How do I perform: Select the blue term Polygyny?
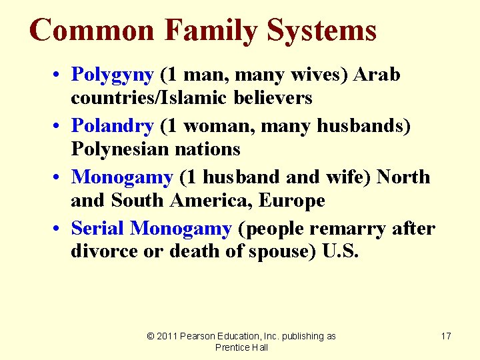113,75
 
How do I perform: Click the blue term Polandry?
113,125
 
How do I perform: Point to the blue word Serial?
98,229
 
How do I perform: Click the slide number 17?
446,336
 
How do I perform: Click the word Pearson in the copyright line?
200,336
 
